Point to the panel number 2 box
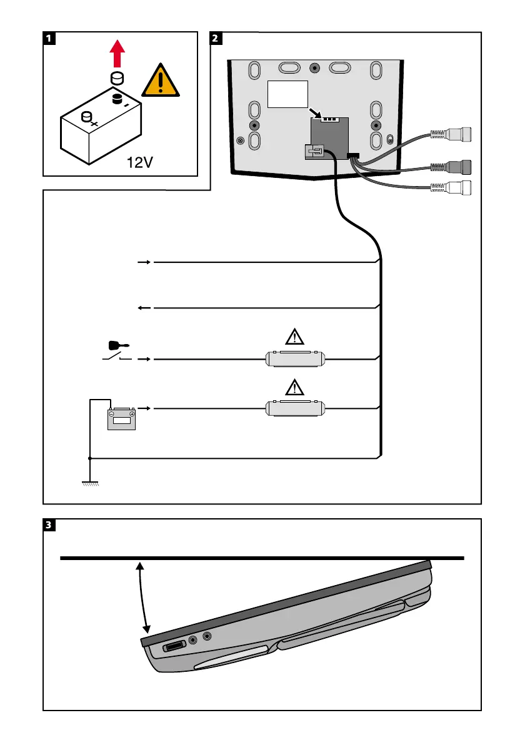pos(216,38)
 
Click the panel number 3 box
pos(49,525)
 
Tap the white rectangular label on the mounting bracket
pos(288,94)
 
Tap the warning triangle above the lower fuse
pos(293,387)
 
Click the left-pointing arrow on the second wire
pos(143,308)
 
